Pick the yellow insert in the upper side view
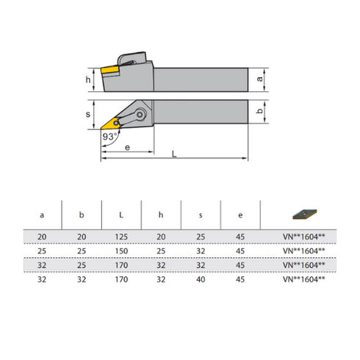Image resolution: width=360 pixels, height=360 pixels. pyautogui.click(x=112, y=70)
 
